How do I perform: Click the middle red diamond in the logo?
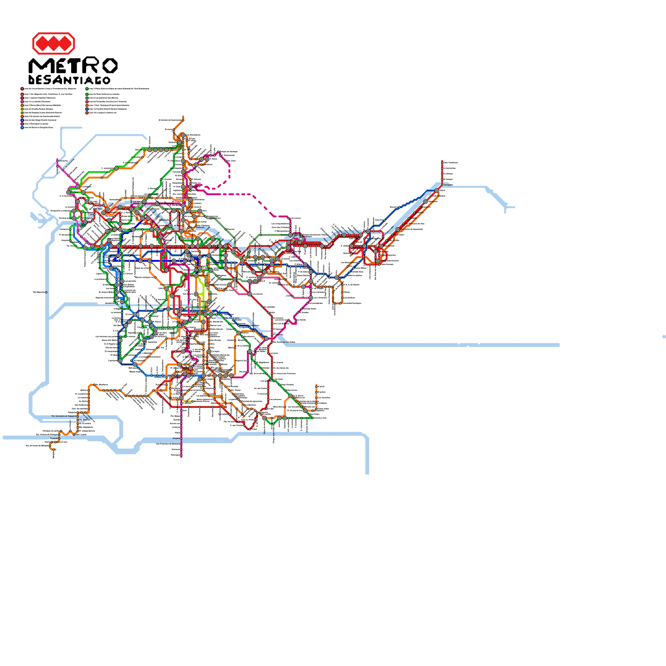53,43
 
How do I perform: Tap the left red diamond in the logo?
42,43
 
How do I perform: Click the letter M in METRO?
38,66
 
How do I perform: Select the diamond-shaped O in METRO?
109,66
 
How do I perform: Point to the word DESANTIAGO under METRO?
70,80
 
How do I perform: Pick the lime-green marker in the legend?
22,109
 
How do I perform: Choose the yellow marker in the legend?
22,113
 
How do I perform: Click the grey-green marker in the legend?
87,98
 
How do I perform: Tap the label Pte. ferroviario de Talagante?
64,416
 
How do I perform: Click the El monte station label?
54,438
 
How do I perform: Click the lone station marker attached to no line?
46,292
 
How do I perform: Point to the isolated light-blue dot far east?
664,336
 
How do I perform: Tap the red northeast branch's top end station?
442,162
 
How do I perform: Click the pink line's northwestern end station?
57,159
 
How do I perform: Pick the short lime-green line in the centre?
201,287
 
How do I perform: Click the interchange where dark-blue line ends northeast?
437,191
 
